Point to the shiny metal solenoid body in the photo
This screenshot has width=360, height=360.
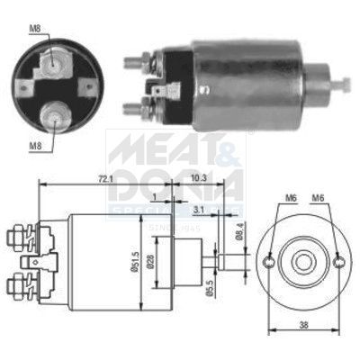[252, 81]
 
